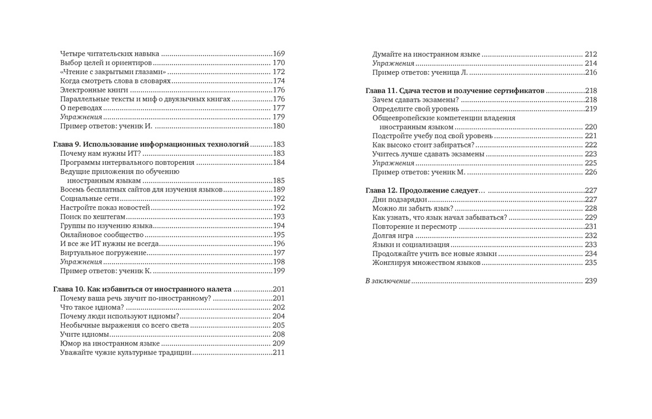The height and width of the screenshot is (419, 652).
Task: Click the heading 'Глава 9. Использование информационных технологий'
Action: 151,144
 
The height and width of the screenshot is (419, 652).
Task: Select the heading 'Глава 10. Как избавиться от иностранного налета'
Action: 142,289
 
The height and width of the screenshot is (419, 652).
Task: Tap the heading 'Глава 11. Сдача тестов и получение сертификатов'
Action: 455,91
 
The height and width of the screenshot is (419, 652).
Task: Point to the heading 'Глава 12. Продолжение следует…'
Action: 425,190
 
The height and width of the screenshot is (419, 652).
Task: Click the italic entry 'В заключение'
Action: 388,280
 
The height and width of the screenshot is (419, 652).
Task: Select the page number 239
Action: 590,280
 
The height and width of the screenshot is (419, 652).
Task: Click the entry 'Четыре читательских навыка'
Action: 110,53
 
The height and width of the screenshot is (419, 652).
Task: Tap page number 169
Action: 279,53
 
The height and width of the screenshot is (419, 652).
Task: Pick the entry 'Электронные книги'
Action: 94,90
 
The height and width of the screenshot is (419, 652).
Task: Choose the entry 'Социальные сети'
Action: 90,199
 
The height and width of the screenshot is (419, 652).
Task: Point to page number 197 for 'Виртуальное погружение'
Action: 279,253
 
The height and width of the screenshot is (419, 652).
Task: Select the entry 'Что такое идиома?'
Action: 92,307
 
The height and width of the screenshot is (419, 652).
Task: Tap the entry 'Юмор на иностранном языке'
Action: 110,343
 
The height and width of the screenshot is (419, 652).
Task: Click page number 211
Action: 279,353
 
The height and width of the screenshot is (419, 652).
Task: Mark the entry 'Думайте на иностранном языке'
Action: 426,54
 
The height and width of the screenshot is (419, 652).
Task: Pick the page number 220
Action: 590,127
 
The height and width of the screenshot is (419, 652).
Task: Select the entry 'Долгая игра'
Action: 393,235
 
